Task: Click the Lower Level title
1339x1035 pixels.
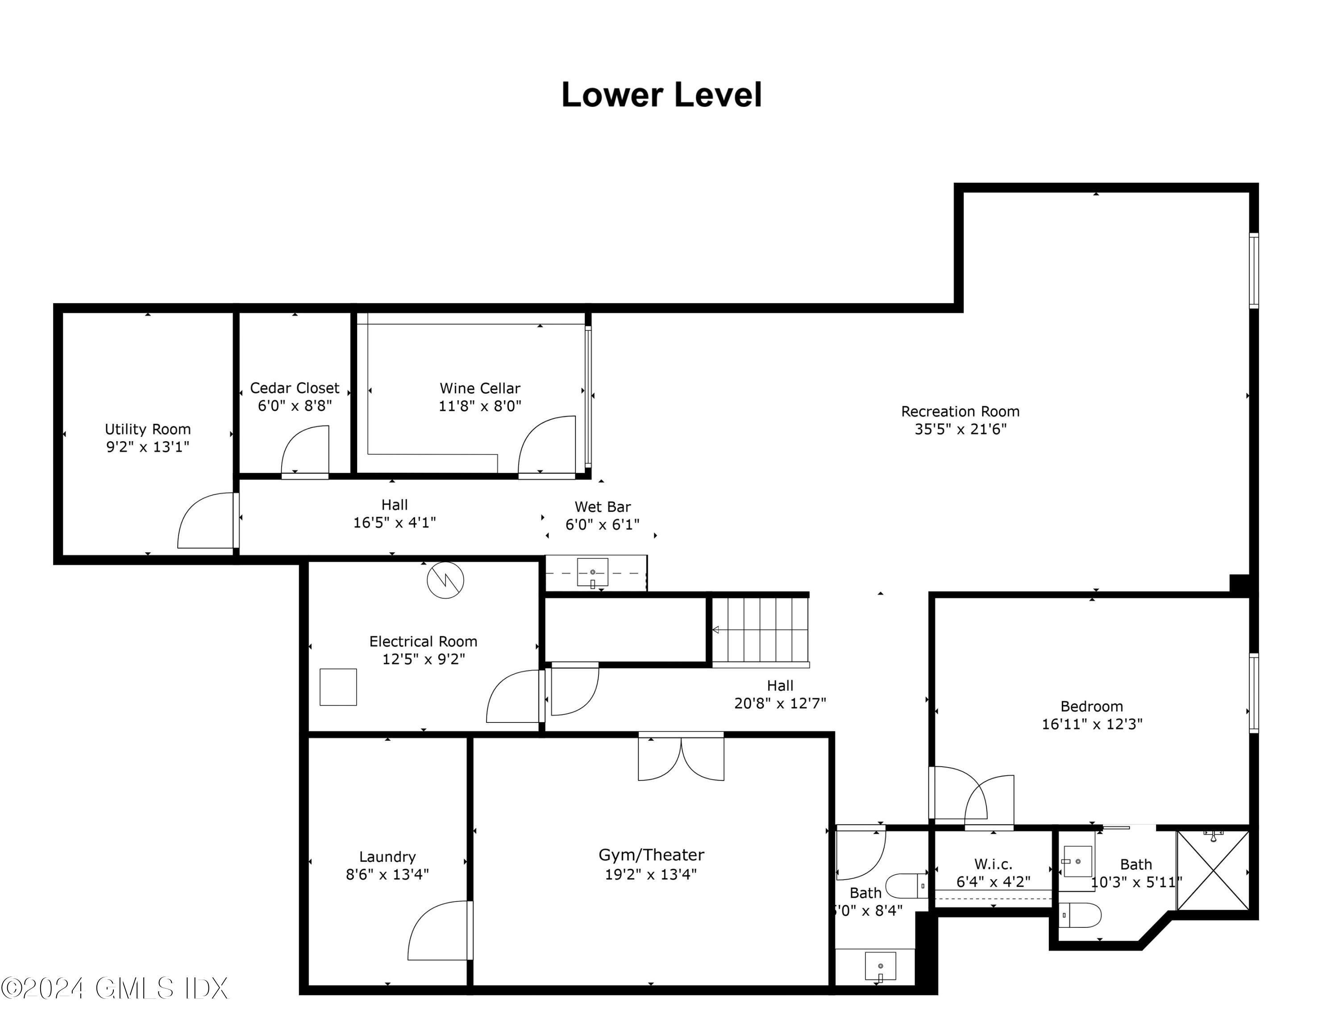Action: tap(661, 95)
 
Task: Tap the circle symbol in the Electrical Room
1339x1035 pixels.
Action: tap(445, 580)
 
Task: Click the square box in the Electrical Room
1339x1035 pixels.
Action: tap(338, 687)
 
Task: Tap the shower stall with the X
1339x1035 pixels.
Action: tap(1213, 871)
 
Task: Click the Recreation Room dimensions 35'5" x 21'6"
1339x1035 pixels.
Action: tap(960, 429)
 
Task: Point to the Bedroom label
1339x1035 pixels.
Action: tap(1091, 706)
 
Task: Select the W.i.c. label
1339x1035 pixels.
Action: tap(993, 864)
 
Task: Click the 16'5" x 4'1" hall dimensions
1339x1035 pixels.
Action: tap(394, 522)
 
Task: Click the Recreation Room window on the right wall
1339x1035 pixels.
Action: tap(1254, 271)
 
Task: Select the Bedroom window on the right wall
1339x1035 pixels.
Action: tap(1254, 693)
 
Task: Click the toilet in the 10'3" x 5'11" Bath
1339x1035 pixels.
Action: tap(1081, 915)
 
